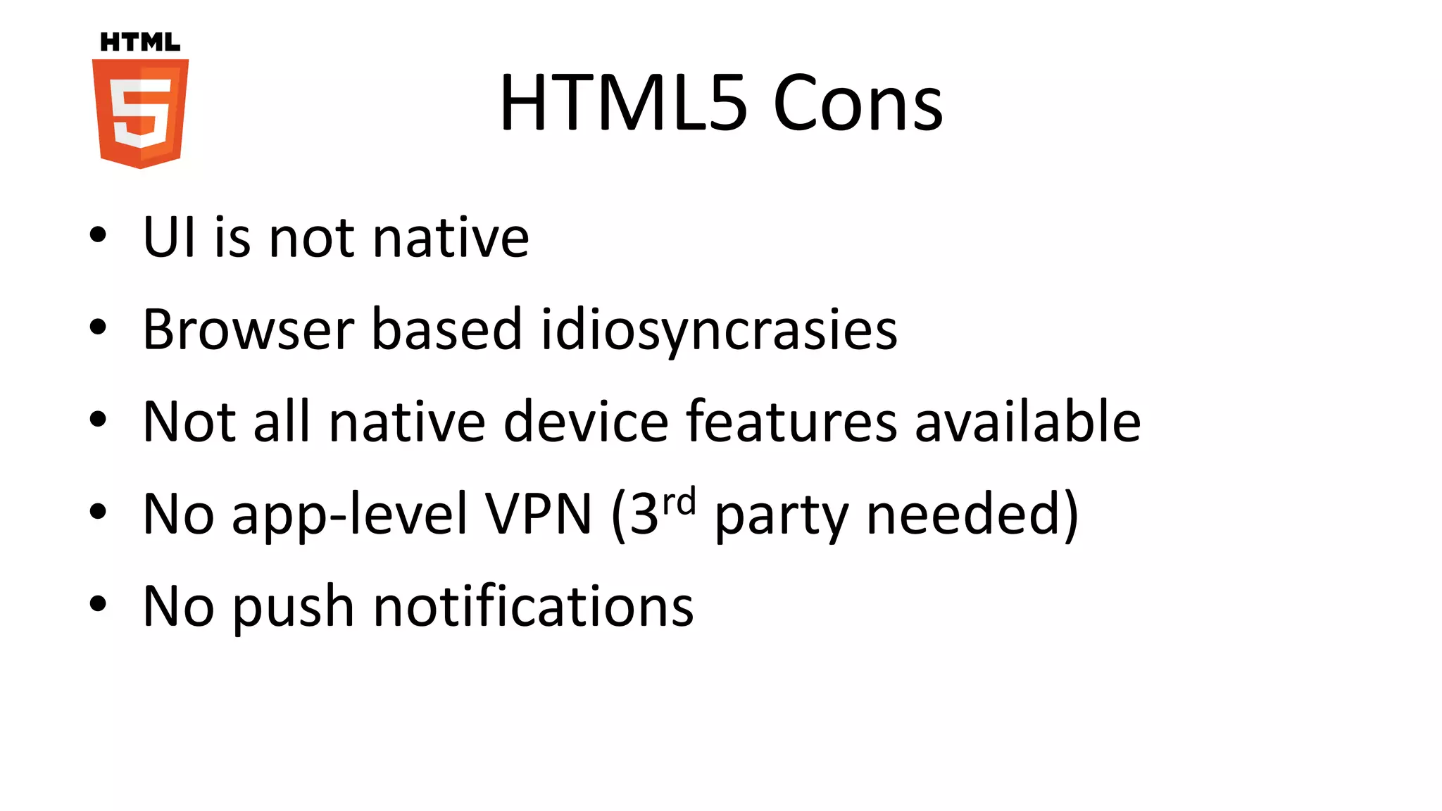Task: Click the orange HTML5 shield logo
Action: [x=140, y=113]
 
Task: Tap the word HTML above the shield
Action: [x=140, y=42]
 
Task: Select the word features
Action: [x=791, y=422]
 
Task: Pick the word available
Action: [x=1027, y=422]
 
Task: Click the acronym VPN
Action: [x=539, y=514]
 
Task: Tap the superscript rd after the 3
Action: [x=679, y=502]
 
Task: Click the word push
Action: [x=293, y=607]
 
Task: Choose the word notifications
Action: [x=534, y=606]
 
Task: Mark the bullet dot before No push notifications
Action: [x=98, y=603]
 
